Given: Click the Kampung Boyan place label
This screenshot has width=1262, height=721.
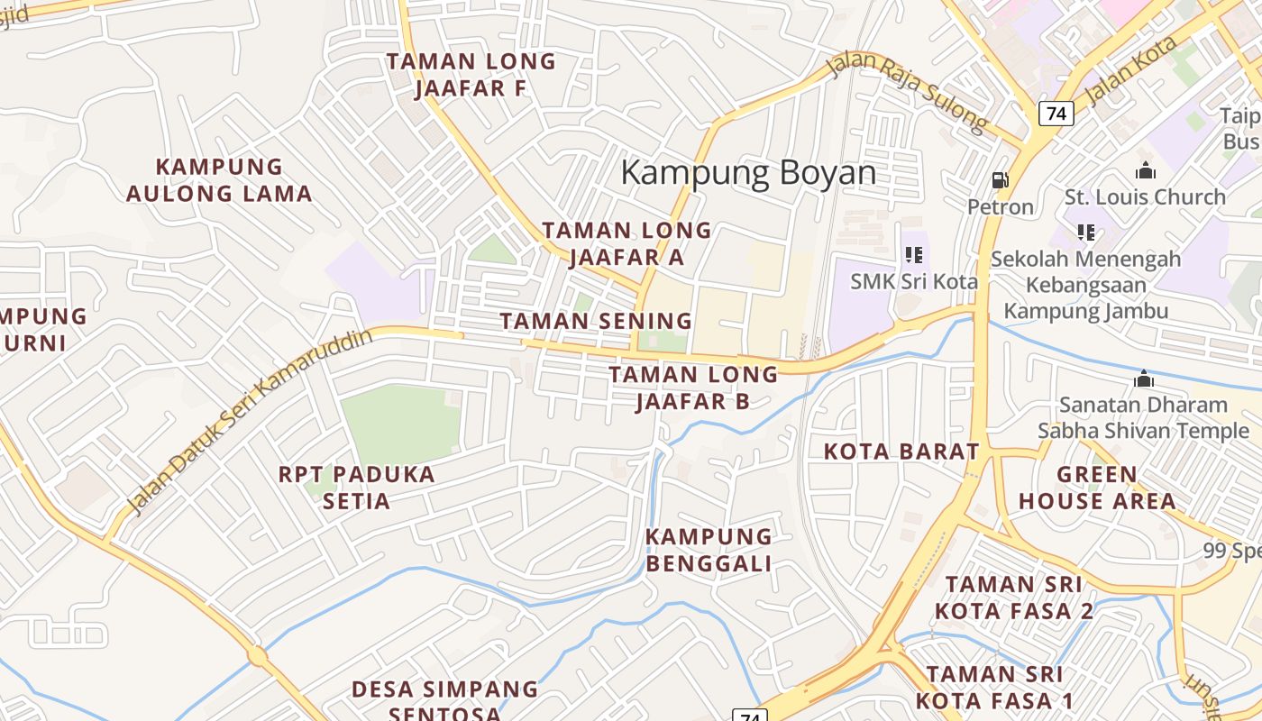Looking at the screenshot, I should (748, 172).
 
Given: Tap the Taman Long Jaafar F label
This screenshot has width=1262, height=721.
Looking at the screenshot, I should (471, 75).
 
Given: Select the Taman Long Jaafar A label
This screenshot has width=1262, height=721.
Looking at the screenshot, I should (626, 243).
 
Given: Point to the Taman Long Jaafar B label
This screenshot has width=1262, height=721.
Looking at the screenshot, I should (692, 388).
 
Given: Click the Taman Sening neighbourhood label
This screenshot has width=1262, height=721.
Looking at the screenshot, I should (596, 321).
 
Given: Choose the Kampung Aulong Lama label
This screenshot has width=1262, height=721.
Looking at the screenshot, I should (219, 180).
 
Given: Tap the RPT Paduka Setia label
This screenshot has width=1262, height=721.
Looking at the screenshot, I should (356, 488).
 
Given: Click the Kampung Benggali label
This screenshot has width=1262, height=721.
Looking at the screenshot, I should (709, 550).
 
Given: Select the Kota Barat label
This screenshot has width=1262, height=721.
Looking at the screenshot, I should (901, 452).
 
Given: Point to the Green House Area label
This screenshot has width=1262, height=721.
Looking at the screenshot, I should (1097, 488).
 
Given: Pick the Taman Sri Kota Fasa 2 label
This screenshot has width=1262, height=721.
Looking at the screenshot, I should (1014, 598).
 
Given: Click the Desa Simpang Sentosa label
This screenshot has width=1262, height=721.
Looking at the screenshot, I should (444, 701).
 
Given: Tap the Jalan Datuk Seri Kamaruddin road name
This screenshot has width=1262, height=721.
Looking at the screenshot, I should (250, 422).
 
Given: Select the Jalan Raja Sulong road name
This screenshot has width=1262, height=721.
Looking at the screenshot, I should (909, 93).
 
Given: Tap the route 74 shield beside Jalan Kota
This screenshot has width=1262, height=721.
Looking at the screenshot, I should (1056, 114).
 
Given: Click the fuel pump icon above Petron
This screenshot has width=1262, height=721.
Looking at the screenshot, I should (1000, 180).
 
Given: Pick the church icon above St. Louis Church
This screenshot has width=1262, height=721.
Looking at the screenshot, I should (1145, 170).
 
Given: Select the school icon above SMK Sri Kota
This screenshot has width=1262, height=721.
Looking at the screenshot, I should (914, 255).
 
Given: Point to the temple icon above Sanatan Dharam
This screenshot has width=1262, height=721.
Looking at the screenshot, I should (1144, 379).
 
